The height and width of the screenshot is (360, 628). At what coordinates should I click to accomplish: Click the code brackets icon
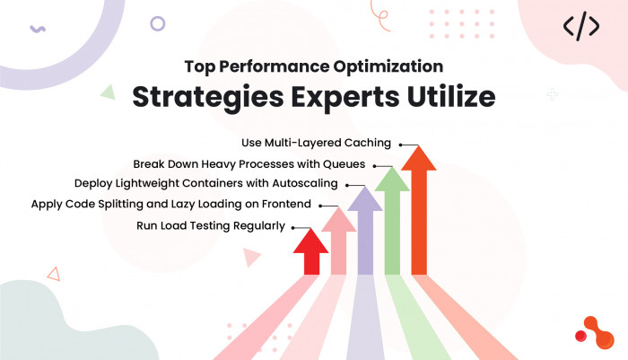point(581,26)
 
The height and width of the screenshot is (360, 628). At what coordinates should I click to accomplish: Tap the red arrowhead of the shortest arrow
point(310,241)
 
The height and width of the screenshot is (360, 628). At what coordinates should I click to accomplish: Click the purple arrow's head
point(365,198)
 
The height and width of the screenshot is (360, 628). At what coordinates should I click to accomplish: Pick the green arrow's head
point(392,180)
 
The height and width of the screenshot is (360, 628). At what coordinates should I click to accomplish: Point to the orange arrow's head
point(419,158)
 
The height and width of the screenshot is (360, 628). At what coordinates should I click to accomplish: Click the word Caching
point(367,143)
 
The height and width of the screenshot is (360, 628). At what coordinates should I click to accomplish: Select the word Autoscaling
point(305,184)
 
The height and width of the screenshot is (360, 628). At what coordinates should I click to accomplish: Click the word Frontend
point(286,204)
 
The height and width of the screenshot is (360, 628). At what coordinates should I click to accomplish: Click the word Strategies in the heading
point(208,98)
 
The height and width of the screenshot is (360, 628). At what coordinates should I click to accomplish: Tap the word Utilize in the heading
point(451,96)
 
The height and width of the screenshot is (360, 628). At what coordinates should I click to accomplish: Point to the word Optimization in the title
point(388,67)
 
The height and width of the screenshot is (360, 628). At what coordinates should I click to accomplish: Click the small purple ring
point(157,23)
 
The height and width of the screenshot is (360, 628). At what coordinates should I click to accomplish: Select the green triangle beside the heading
point(109,92)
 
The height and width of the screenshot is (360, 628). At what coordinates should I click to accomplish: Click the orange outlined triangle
point(54,274)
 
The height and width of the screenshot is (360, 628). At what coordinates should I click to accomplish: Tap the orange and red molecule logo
point(595,333)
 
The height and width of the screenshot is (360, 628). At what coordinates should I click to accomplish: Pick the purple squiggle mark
point(38,29)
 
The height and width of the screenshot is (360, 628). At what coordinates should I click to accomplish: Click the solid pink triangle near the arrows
point(250,257)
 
